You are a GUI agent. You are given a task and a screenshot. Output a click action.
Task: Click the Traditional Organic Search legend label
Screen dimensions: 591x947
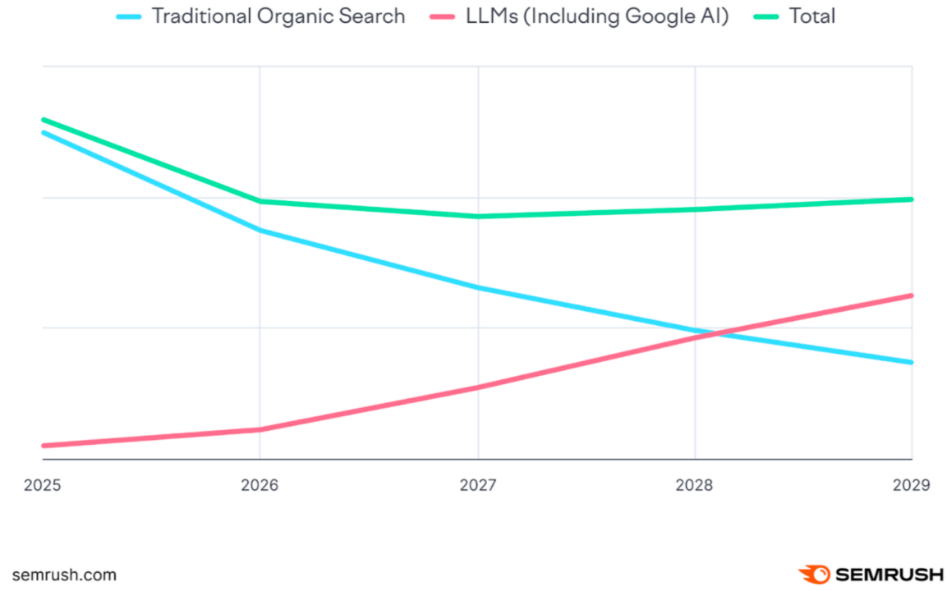[278, 16]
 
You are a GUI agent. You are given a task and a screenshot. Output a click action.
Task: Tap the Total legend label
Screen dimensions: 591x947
[812, 16]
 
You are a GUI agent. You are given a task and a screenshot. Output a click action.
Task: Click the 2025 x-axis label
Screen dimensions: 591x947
[42, 485]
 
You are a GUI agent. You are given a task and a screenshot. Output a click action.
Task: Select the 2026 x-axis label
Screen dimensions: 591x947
[260, 485]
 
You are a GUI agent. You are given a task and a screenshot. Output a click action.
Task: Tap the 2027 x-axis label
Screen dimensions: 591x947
[477, 485]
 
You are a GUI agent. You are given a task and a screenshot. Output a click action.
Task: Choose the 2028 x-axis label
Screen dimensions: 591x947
[695, 485]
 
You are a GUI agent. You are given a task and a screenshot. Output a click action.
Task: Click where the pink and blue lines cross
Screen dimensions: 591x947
[716, 333]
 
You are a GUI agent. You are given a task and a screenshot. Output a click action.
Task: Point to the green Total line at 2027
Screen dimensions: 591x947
[477, 217]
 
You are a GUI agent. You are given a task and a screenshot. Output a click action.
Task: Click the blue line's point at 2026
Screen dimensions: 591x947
[260, 230]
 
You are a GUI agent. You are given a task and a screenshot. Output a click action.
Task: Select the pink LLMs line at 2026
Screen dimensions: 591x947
[260, 429]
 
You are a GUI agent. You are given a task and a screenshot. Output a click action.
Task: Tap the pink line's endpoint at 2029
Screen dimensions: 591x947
[912, 295]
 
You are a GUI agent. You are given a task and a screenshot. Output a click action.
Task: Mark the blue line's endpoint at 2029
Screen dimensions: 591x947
[912, 362]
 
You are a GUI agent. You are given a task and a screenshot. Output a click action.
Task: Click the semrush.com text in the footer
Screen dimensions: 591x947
[64, 575]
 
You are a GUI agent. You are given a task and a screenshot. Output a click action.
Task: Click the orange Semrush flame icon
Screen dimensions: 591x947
[813, 574]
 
